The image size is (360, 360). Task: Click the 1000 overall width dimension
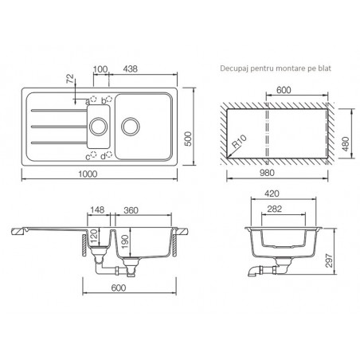[x=88, y=174]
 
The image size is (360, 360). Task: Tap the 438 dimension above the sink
[x=131, y=69]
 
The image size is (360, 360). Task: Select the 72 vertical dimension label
[x=70, y=79]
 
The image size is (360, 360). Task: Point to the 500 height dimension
[x=188, y=139]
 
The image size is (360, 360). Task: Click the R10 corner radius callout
[x=239, y=141]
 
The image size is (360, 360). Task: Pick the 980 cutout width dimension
[x=267, y=173]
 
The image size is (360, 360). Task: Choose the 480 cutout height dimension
[x=346, y=144]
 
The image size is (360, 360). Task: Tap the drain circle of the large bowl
[x=131, y=127]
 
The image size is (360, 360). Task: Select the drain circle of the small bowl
[x=99, y=127]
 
